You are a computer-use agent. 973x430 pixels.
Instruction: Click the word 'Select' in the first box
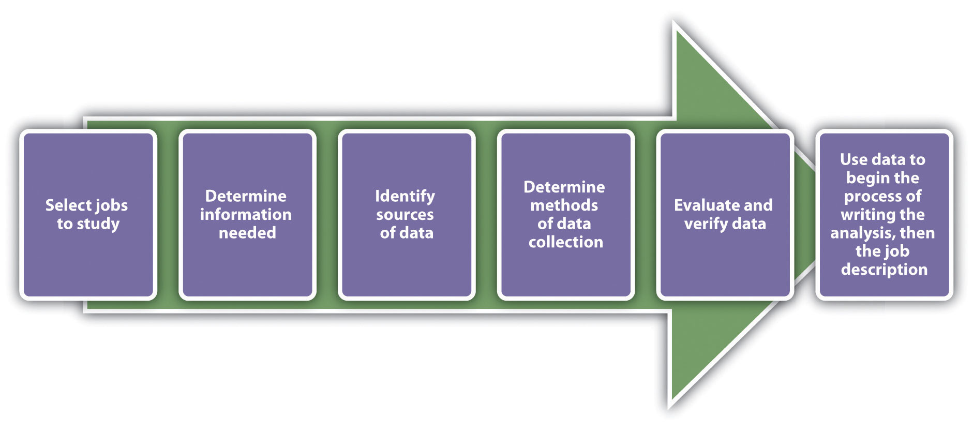pyautogui.click(x=67, y=205)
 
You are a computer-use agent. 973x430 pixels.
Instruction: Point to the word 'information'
pyautogui.click(x=246, y=215)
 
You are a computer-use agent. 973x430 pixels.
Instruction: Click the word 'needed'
pyautogui.click(x=247, y=233)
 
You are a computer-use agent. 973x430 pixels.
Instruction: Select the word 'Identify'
pyautogui.click(x=405, y=196)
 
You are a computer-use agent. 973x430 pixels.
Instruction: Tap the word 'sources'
pyautogui.click(x=405, y=215)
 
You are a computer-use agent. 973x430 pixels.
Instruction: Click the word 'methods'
pyautogui.click(x=564, y=205)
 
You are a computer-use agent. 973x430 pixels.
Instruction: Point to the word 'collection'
pyautogui.click(x=566, y=242)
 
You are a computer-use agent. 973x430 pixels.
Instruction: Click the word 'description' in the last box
pyautogui.click(x=884, y=270)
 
